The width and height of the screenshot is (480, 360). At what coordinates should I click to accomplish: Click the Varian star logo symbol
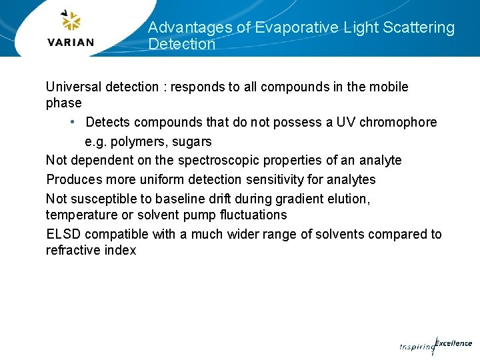[x=70, y=21]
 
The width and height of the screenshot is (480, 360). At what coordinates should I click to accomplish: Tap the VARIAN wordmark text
[x=71, y=43]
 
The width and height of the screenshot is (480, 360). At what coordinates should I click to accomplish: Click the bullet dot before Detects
[x=73, y=122]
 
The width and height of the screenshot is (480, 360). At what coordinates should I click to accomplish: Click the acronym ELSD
[x=63, y=234]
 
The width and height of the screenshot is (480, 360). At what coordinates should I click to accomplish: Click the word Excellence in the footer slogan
[x=453, y=343]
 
